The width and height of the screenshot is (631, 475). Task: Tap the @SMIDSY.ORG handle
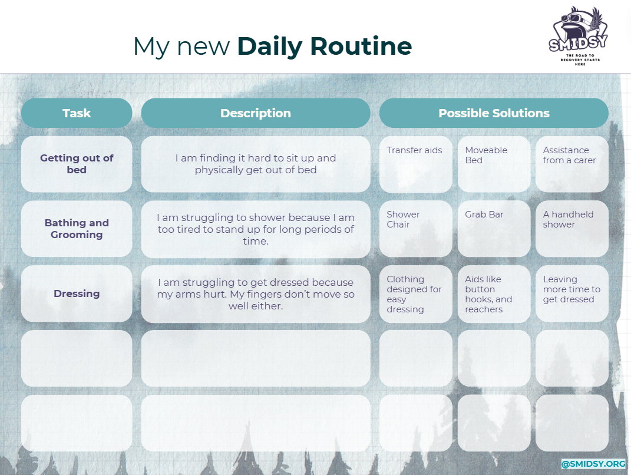pyautogui.click(x=593, y=464)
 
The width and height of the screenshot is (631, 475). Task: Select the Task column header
pyautogui.click(x=77, y=113)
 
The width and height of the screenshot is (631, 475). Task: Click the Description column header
pyautogui.click(x=256, y=113)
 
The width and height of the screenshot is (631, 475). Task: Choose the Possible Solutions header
pyautogui.click(x=494, y=113)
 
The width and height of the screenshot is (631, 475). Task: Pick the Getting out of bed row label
pyautogui.click(x=77, y=164)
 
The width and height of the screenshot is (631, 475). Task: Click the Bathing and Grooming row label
pyautogui.click(x=77, y=229)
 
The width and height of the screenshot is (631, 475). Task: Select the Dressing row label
pyautogui.click(x=77, y=293)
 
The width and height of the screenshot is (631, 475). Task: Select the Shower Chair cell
pyautogui.click(x=415, y=229)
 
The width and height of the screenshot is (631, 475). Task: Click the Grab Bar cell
pyautogui.click(x=494, y=229)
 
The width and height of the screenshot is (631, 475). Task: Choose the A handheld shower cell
pyautogui.click(x=571, y=229)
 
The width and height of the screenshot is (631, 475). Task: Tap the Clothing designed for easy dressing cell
pyautogui.click(x=415, y=293)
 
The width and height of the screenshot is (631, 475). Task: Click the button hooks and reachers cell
pyautogui.click(x=494, y=293)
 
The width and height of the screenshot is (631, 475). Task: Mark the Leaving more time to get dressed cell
pyautogui.click(x=571, y=293)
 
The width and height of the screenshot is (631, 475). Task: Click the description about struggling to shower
pyautogui.click(x=256, y=229)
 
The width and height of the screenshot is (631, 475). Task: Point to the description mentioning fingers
pyautogui.click(x=256, y=294)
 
